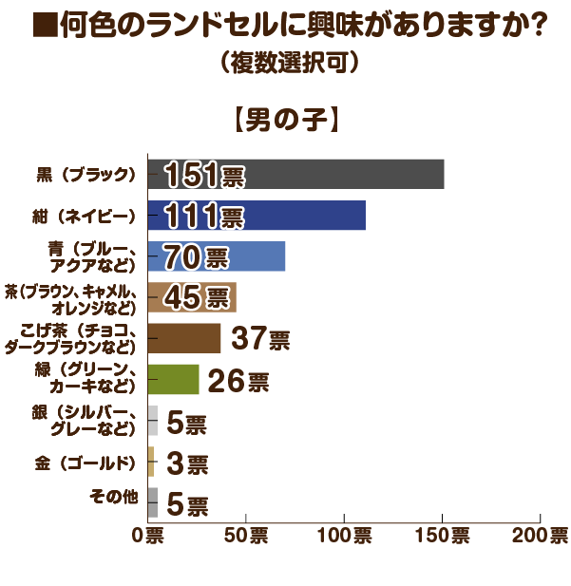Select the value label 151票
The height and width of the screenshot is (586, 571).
[203, 176]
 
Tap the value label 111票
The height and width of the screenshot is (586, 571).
[203, 217]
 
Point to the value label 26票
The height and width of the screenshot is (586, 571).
[238, 381]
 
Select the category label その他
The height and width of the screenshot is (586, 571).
[113, 496]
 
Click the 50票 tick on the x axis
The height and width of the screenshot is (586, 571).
[246, 536]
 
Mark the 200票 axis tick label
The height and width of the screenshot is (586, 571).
[542, 536]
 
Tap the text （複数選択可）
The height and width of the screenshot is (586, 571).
[286, 64]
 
